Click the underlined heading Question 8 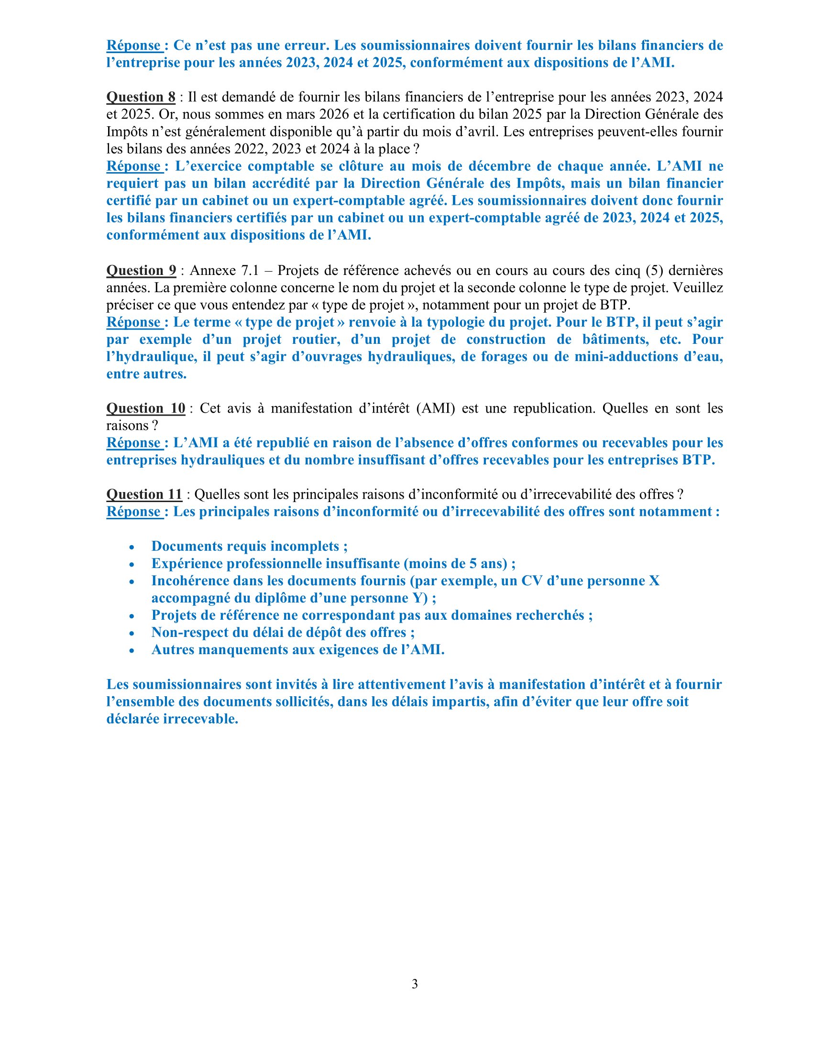click(x=141, y=97)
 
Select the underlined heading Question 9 click(x=141, y=271)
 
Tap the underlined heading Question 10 click(x=145, y=408)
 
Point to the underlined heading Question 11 click(x=144, y=494)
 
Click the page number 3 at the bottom click(x=415, y=984)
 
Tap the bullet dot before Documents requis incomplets click(x=132, y=548)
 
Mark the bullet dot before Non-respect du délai click(x=132, y=634)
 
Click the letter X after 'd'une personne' click(x=654, y=581)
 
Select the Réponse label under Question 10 click(x=134, y=443)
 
